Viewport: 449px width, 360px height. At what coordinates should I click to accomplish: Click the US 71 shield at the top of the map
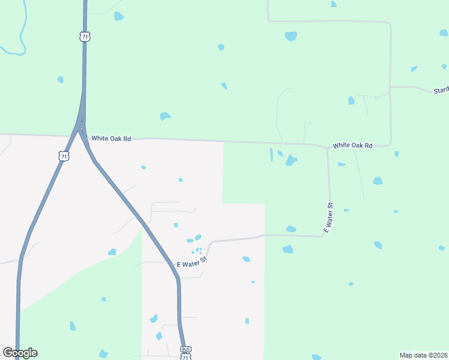pos(84,37)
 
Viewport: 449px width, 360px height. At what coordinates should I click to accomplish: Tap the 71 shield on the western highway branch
pos(64,156)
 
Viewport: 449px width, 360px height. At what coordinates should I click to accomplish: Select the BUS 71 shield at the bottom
pos(186,353)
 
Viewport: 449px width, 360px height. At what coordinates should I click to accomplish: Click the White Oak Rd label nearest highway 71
pos(110,139)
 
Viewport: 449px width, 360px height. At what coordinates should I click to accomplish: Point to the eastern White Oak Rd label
pos(352,145)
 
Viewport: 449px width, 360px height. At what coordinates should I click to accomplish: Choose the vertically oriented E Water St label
pos(328,218)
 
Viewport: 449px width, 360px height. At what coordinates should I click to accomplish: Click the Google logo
pos(20,353)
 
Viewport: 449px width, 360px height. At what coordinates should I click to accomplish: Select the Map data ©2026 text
pos(423,355)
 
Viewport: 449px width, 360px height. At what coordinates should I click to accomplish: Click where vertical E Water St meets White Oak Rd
pos(327,146)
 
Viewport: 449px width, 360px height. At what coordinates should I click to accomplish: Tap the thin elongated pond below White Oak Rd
pos(271,154)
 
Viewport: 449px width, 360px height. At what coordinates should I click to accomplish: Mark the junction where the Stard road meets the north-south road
pos(391,86)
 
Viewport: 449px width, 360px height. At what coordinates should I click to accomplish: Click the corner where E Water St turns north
pos(325,235)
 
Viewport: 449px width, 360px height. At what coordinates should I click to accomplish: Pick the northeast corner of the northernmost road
pos(390,23)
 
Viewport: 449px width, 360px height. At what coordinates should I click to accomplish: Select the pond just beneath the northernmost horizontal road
pos(291,36)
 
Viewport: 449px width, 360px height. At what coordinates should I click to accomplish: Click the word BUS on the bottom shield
pos(186,349)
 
